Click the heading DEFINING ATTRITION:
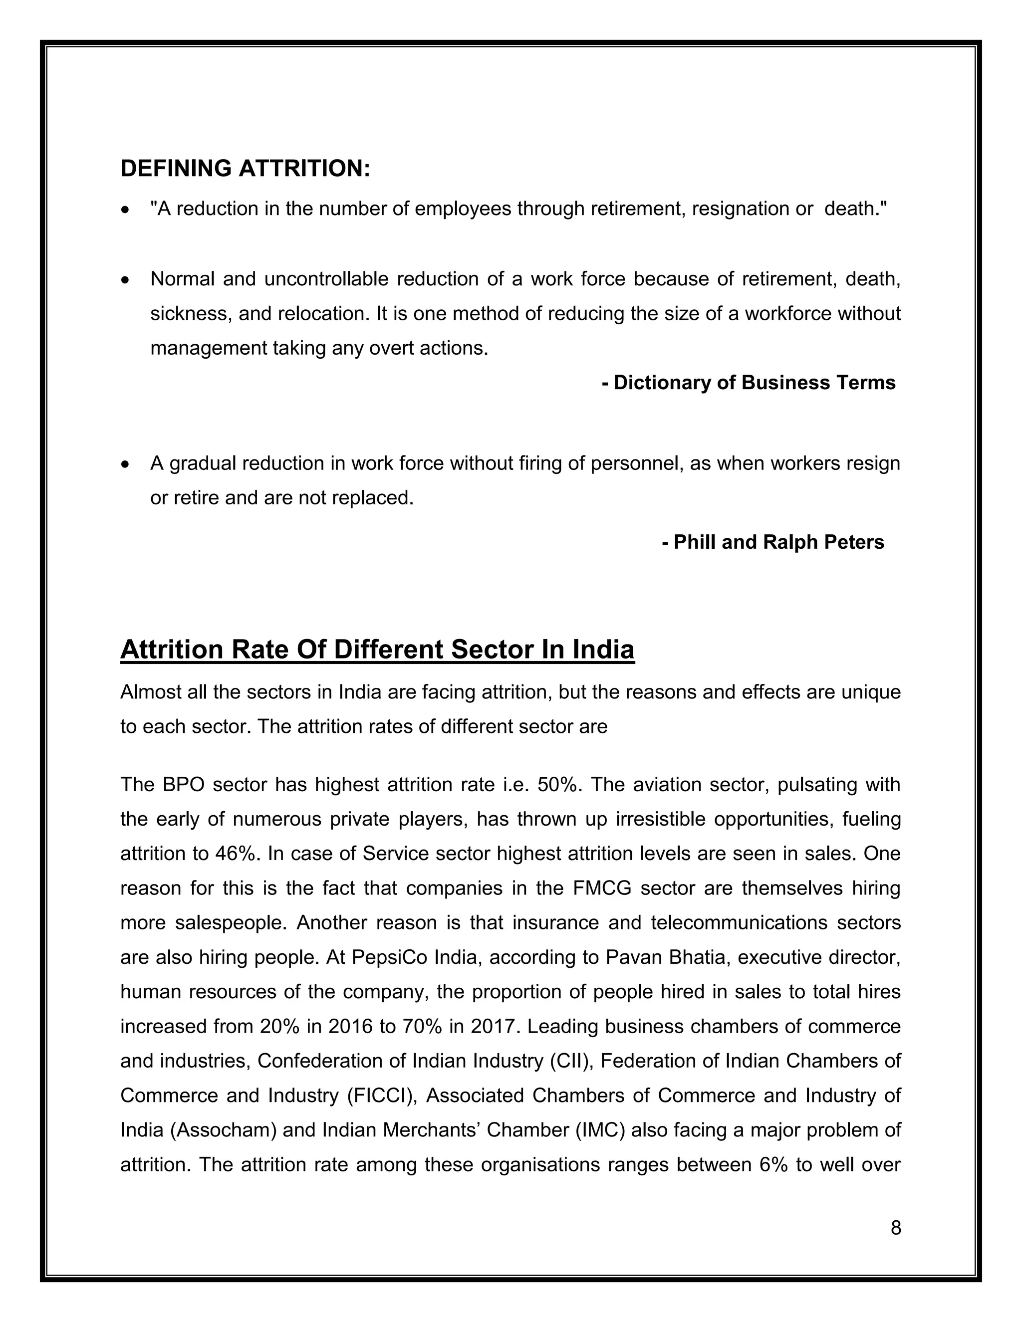245,168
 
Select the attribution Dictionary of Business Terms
749,383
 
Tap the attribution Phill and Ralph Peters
773,542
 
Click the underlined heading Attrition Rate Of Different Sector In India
377,650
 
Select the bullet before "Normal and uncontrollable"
125,280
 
